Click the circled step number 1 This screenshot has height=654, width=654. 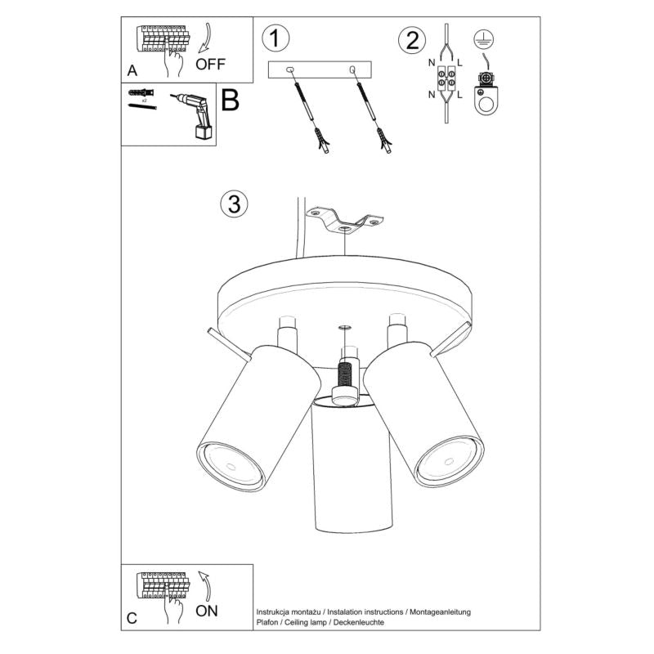(x=276, y=38)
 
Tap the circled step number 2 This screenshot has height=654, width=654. (x=412, y=39)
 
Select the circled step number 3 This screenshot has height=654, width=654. (x=234, y=204)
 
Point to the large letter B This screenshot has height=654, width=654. (x=231, y=101)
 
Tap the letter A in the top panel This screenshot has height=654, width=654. (x=132, y=71)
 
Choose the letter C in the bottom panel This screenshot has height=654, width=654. (x=132, y=618)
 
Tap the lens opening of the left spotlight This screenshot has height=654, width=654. (x=231, y=464)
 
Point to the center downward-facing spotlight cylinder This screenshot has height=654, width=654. (x=353, y=466)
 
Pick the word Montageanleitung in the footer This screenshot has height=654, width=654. (x=441, y=611)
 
